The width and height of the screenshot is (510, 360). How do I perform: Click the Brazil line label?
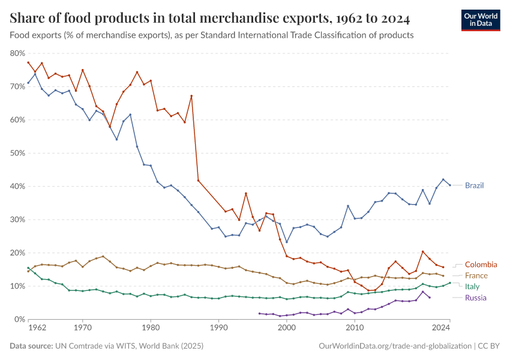474,185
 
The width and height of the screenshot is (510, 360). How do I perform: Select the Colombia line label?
481,265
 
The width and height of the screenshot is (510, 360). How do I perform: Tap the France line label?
476,275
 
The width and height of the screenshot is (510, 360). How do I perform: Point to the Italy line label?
472,287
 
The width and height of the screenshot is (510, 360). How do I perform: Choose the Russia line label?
475,298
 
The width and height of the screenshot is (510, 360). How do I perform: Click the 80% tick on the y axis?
17,53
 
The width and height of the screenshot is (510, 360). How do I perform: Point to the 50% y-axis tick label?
17,153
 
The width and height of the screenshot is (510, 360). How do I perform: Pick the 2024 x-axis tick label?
442,328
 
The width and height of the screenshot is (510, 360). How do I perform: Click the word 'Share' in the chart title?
27,19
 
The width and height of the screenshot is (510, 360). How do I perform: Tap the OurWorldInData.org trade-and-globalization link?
395,346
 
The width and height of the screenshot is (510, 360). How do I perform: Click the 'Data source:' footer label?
32,346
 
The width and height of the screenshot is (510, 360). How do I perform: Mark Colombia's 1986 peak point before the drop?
191,96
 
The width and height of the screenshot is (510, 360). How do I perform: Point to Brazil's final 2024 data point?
450,185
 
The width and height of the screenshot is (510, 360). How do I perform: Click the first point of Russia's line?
259,313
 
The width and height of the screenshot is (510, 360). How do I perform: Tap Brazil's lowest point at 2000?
287,242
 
